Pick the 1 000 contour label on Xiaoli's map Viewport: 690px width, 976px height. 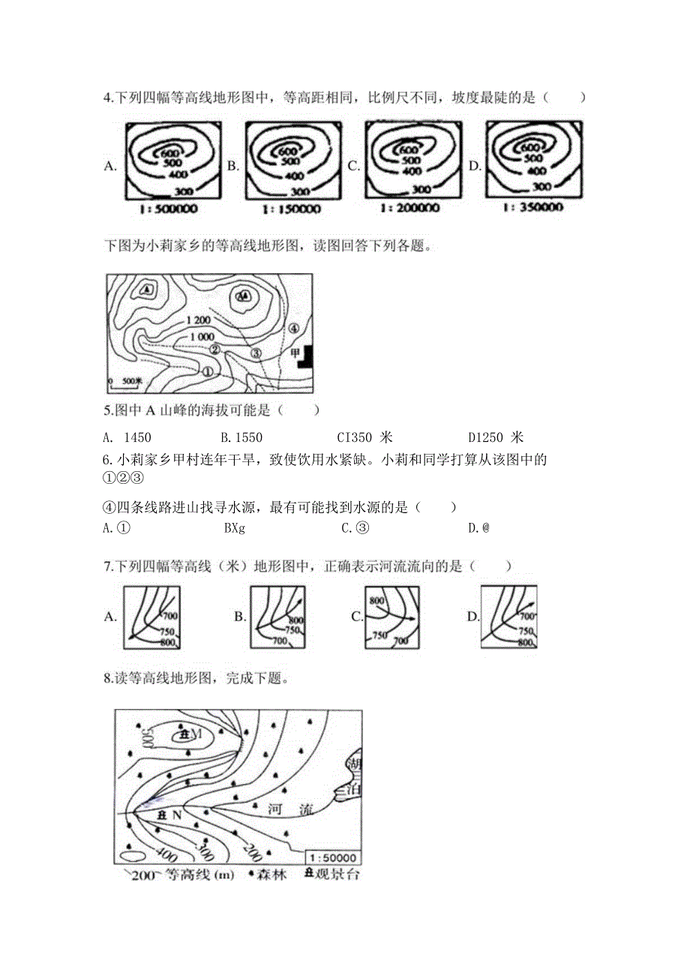pos(202,337)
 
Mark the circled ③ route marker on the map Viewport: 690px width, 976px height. pos(256,353)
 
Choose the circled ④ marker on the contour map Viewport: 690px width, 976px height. pos(294,328)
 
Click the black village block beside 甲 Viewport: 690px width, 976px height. pos(305,357)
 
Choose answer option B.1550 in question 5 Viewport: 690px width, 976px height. pos(241,437)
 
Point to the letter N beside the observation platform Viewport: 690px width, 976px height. pos(178,814)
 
